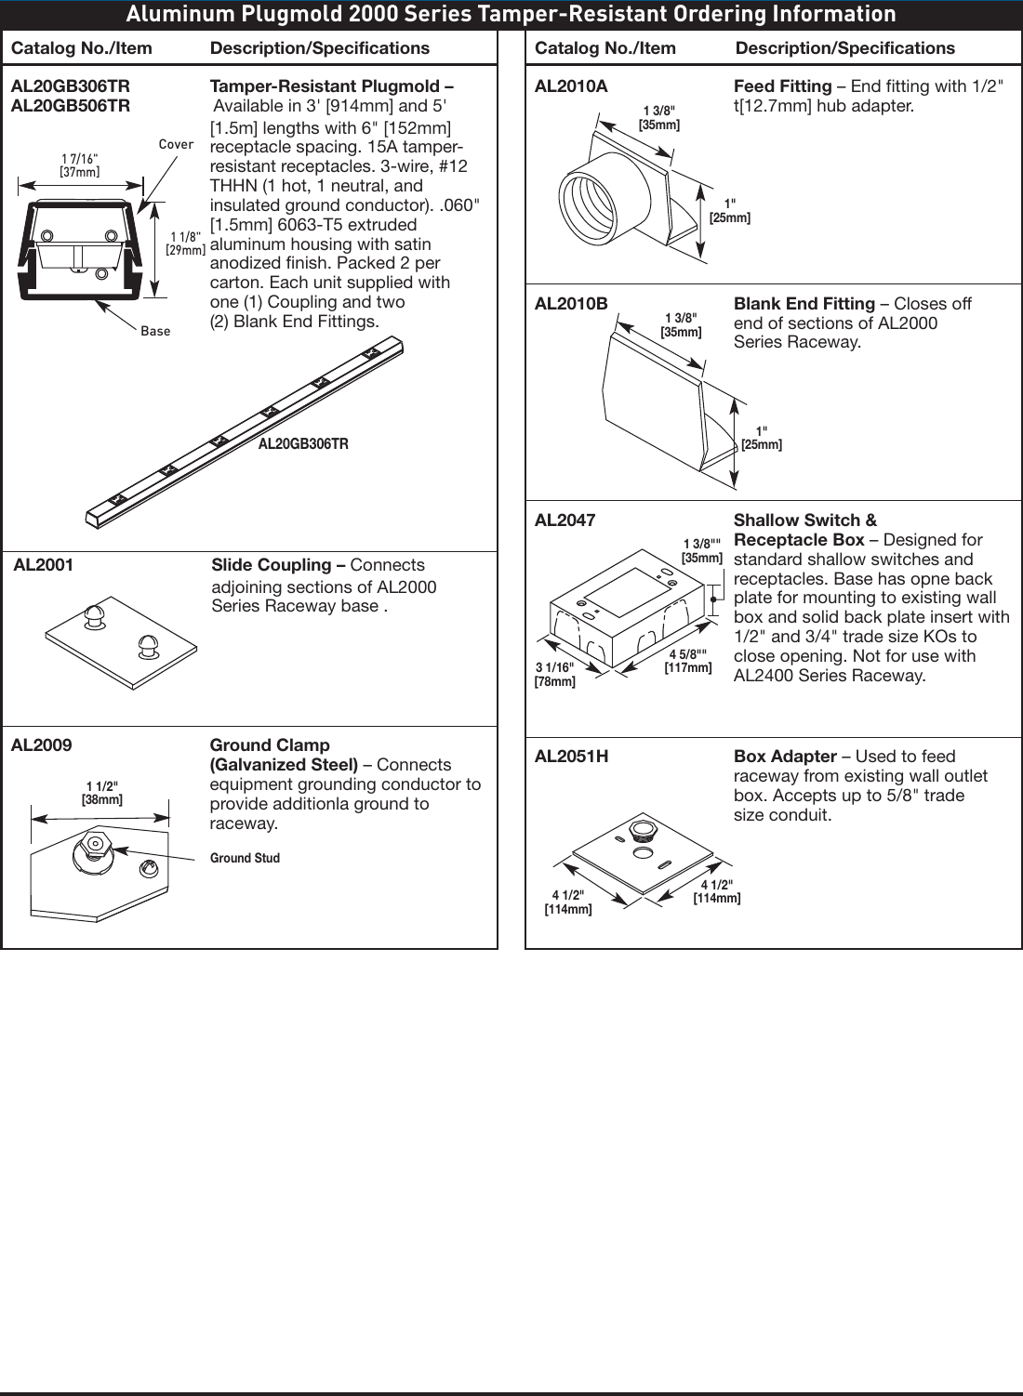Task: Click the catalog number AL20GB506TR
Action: pos(71,106)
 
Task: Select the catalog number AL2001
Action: pos(44,565)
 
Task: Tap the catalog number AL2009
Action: pos(41,745)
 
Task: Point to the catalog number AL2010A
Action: pos(571,86)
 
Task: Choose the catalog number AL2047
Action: pos(565,520)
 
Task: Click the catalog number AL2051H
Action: pos(571,757)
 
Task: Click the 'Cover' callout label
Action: pos(176,144)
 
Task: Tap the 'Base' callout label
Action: pos(155,331)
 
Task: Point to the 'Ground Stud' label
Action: pos(245,858)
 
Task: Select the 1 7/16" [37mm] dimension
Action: pos(80,165)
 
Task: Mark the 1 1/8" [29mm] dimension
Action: pos(185,244)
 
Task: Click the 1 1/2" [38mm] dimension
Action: pos(102,793)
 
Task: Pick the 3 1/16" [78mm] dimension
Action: pos(555,675)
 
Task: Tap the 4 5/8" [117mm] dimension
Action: pos(688,661)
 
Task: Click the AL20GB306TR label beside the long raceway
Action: pos(303,444)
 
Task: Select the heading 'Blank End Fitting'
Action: pos(804,304)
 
